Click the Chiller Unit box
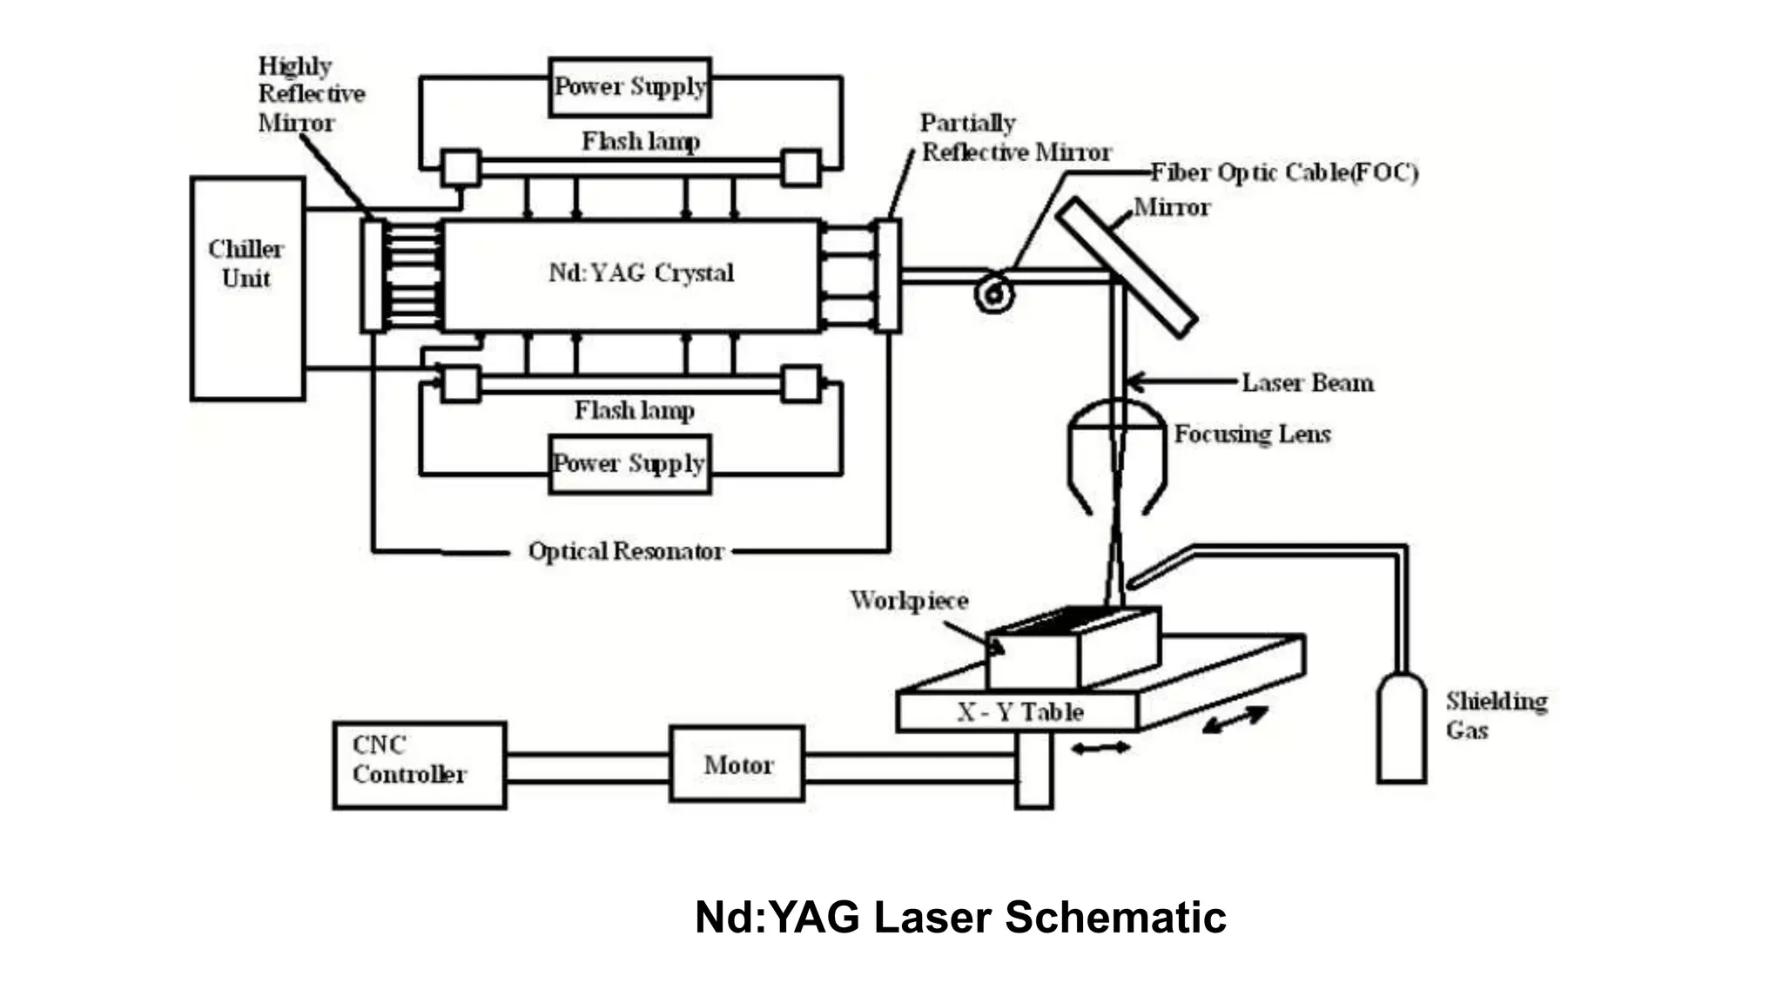[247, 289]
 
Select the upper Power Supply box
[629, 87]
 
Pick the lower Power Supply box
[629, 464]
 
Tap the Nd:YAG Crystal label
[641, 273]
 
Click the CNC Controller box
[419, 765]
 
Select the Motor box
[737, 764]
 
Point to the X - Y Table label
[1019, 712]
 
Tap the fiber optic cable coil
[993, 293]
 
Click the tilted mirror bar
[1126, 266]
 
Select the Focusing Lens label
[1252, 434]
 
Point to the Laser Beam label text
[1307, 382]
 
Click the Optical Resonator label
[625, 551]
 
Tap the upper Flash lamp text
[640, 141]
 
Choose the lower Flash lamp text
[634, 409]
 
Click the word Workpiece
[909, 601]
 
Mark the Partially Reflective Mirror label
[1014, 138]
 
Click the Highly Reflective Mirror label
[310, 94]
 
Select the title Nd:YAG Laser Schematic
[959, 917]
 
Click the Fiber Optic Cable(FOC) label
[1283, 172]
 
